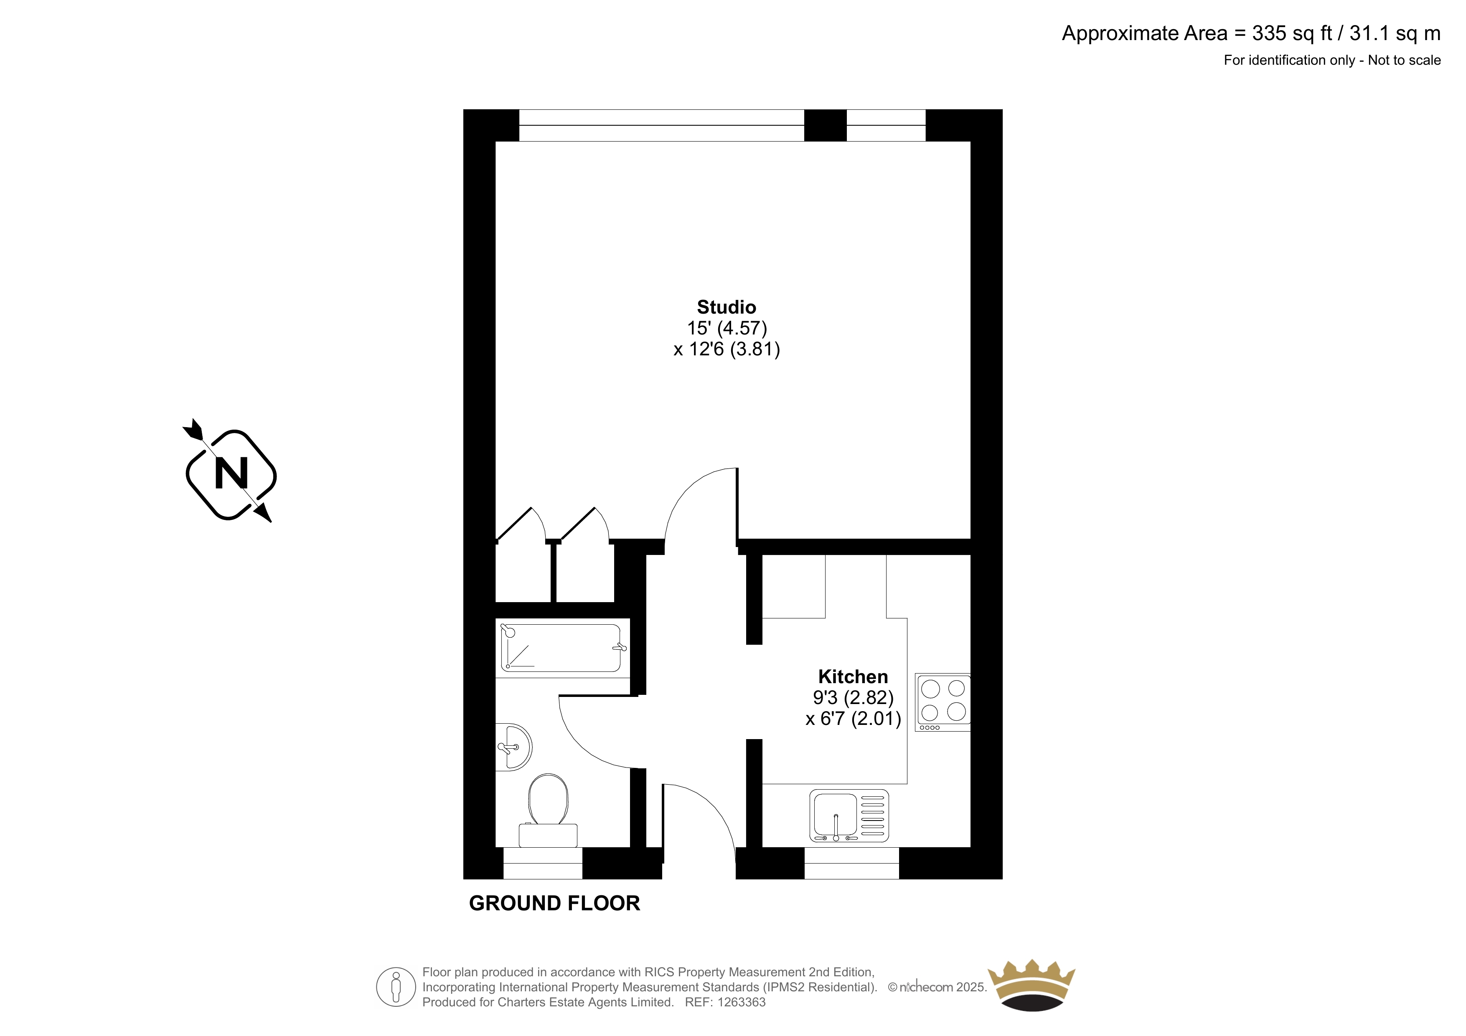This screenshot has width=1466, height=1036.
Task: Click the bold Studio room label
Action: coord(726,307)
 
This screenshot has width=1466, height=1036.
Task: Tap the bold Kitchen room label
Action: coord(853,676)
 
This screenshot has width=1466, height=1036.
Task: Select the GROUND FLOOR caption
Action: coord(554,903)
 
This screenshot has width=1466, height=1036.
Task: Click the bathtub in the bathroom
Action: coord(562,647)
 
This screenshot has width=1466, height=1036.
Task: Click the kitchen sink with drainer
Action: coord(849,816)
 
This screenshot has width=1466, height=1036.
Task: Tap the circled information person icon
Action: coord(396,987)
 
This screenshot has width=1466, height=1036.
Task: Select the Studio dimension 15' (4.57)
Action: coord(727,328)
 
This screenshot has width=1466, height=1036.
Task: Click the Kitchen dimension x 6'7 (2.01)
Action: coord(853,719)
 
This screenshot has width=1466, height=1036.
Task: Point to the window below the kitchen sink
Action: coord(852,863)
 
